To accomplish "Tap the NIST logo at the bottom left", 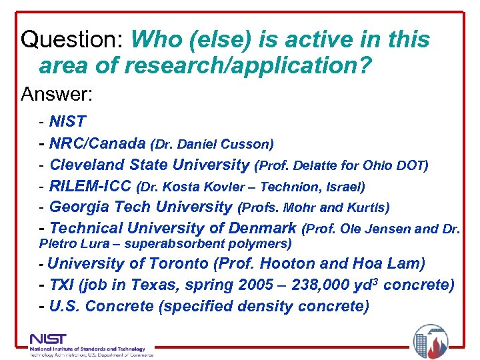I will [49, 339].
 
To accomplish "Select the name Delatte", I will [312, 165].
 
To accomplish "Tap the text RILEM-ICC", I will [90, 186].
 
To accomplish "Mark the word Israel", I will [342, 187].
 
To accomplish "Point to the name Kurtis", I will [369, 207].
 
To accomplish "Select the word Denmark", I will [261, 229].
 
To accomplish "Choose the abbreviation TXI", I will [61, 285].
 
